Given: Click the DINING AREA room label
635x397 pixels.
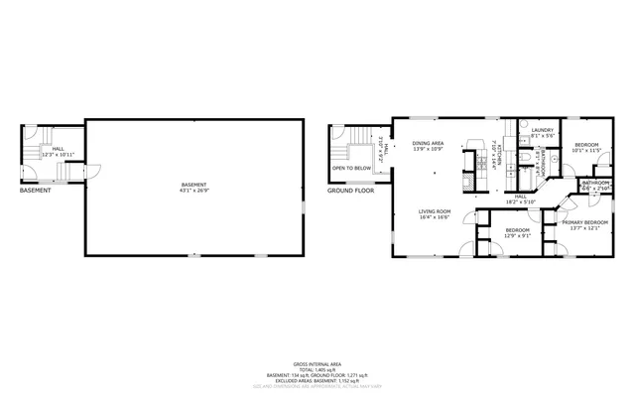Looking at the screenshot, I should pos(429,144).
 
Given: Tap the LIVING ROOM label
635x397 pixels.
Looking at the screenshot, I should pos(435,210).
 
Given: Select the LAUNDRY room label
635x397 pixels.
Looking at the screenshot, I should pos(542,130).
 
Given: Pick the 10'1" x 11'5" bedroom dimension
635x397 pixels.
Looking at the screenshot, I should pos(585,151).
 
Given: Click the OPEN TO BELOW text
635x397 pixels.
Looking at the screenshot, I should pos(352,169).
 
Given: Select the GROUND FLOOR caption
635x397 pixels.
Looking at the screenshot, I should pos(352,189).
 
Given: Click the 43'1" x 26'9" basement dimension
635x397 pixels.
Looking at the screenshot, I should pos(194,192).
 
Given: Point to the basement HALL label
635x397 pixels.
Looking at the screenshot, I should pos(59,147).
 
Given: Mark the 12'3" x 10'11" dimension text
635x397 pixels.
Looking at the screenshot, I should pos(59,154).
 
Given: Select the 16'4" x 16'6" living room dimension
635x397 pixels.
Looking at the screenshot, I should pos(435,216).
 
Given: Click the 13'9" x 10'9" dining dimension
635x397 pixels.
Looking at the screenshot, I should pos(429,150).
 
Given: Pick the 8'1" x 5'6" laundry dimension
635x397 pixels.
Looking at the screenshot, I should pos(542,136).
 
